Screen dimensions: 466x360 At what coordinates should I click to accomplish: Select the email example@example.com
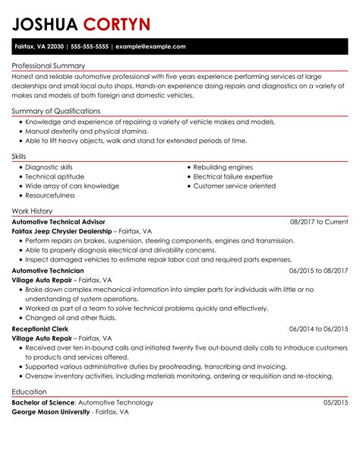(150, 46)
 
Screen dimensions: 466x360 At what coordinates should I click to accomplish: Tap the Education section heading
(30, 391)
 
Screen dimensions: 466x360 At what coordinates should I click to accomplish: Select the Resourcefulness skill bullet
(50, 195)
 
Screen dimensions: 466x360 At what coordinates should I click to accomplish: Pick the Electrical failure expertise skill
(232, 176)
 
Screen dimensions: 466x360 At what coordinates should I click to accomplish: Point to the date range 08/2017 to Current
(319, 220)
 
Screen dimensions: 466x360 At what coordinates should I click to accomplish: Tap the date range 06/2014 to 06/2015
(319, 328)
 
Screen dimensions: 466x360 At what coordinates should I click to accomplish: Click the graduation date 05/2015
(336, 402)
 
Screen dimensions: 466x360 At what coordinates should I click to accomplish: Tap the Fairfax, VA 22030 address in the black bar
(39, 46)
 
